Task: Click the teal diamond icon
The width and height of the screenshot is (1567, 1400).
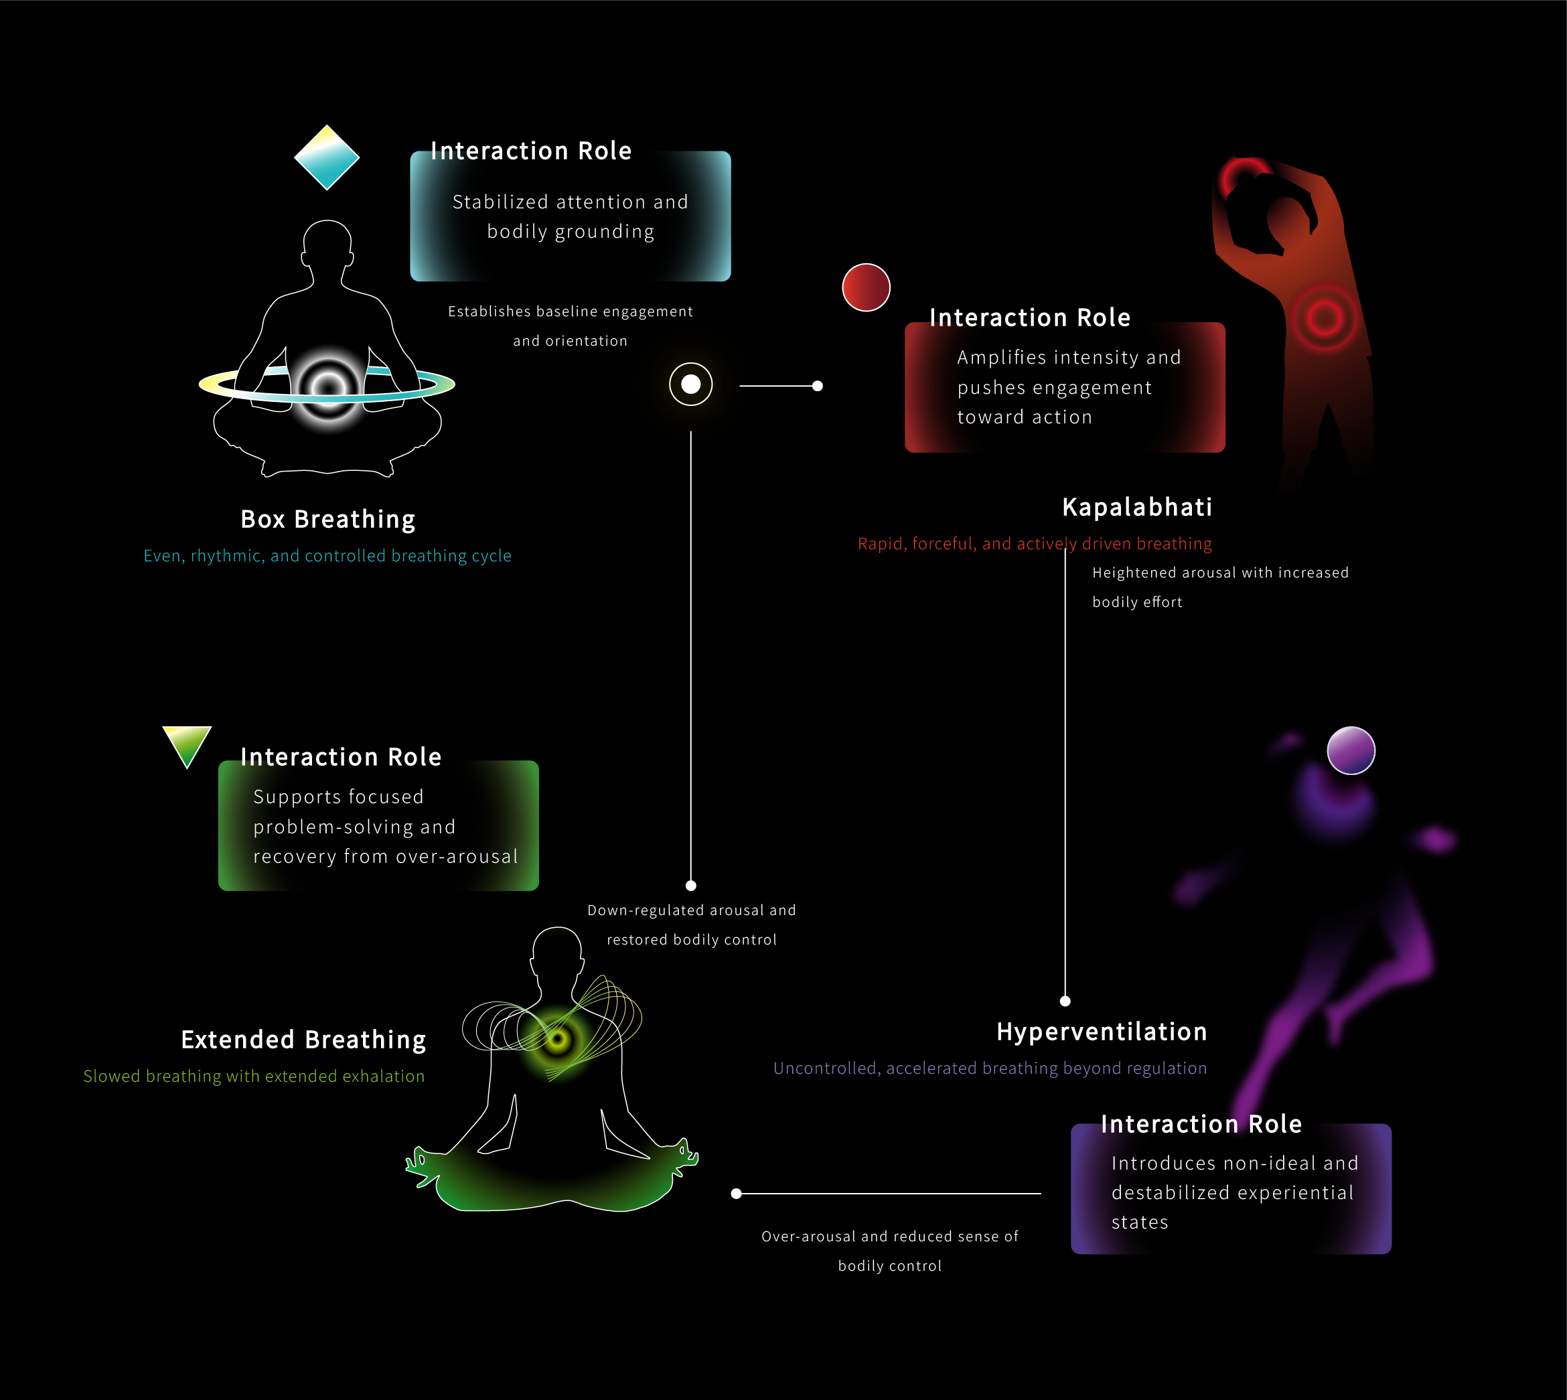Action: click(327, 157)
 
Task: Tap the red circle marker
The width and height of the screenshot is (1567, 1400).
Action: click(866, 287)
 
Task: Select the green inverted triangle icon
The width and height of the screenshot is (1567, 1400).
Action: click(187, 744)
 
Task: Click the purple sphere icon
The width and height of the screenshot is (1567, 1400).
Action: click(1350, 750)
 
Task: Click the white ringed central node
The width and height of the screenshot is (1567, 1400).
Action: click(690, 384)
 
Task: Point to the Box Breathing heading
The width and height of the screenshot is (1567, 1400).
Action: click(327, 519)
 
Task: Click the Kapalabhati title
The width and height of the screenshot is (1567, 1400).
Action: click(1136, 507)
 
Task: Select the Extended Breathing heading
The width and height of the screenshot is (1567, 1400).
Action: click(303, 1039)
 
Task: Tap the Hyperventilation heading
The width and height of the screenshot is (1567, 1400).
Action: click(1101, 1032)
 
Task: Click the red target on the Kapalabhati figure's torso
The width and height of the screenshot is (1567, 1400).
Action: click(1324, 317)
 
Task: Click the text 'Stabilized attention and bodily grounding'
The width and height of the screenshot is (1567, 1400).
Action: click(570, 216)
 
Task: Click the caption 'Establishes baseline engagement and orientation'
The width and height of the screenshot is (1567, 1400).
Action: click(570, 326)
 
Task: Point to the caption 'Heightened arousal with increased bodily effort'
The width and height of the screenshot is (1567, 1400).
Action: click(1219, 587)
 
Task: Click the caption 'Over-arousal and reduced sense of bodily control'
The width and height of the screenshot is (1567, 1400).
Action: click(889, 1251)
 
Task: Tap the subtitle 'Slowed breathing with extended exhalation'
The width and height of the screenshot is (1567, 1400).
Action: click(254, 1076)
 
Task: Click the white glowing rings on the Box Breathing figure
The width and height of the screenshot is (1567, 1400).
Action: click(328, 387)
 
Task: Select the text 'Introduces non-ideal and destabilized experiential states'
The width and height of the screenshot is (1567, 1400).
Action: click(1234, 1192)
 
